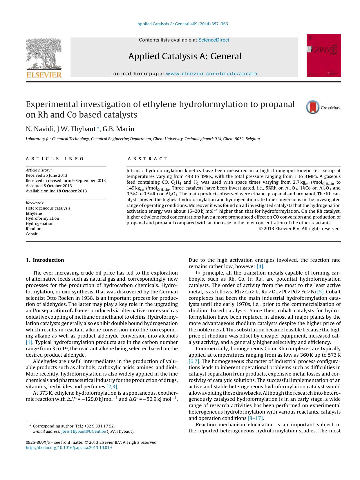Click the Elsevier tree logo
click(44, 55)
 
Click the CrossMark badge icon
click(313, 107)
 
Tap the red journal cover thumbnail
click(324, 55)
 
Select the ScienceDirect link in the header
click(214, 40)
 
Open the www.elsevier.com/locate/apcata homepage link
click(211, 74)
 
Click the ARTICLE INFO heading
click(55, 159)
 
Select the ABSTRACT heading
click(148, 159)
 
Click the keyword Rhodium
click(34, 229)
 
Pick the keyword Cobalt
click(32, 234)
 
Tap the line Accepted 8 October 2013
click(49, 186)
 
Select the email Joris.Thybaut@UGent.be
click(84, 431)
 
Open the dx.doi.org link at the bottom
click(69, 447)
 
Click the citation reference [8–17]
click(255, 418)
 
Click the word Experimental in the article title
click(53, 104)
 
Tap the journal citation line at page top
click(182, 24)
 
